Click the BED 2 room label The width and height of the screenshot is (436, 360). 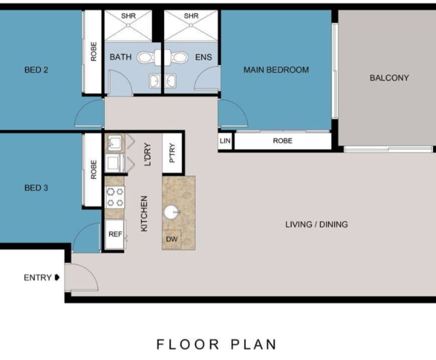[x=36, y=69]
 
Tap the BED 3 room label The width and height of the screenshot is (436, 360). [x=36, y=187]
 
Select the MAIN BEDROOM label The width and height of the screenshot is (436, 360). [x=276, y=69]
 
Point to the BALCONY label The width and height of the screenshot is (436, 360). [x=389, y=78]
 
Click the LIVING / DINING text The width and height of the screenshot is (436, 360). [x=316, y=224]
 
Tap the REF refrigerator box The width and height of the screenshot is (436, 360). [x=115, y=233]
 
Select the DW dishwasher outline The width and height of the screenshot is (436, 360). [x=172, y=238]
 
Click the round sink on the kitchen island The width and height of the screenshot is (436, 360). [x=172, y=213]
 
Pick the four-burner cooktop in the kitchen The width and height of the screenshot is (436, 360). [x=115, y=197]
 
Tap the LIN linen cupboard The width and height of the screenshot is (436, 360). [x=225, y=141]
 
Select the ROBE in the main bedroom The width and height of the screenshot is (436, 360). [x=282, y=141]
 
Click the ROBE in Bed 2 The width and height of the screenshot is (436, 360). [x=93, y=52]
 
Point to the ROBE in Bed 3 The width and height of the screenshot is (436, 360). [x=93, y=169]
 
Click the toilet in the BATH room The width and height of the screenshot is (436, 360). [x=146, y=57]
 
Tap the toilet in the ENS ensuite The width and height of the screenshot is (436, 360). [x=179, y=57]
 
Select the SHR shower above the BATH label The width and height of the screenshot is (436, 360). [x=128, y=24]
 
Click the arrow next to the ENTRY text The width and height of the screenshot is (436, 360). [x=57, y=277]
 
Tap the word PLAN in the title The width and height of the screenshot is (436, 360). [x=253, y=345]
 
